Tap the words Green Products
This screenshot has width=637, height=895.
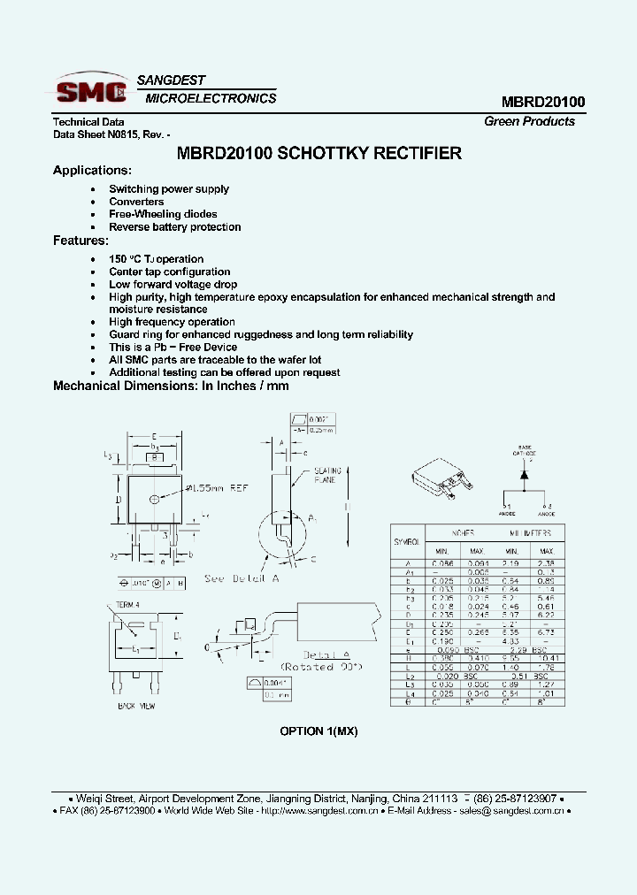pos(529,122)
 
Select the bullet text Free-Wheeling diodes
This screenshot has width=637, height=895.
pos(163,214)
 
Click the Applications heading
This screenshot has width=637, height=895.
pos(92,171)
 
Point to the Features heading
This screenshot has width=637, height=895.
pos(81,241)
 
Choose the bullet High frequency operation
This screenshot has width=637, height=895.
pos(172,322)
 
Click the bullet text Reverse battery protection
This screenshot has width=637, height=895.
pos(174,227)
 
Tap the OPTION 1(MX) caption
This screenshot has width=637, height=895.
pos(318,731)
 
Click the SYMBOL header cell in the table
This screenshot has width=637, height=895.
pos(406,540)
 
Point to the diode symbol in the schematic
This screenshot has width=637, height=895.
pos(524,475)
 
